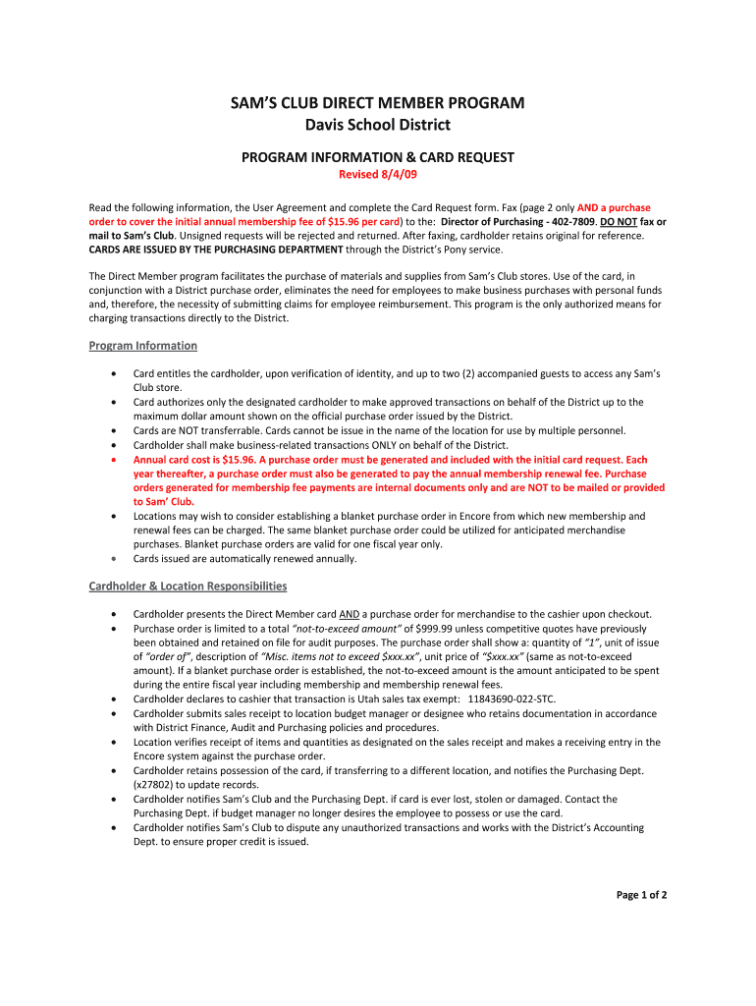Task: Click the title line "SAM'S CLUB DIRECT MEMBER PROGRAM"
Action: click(377, 103)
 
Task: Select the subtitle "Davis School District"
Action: click(377, 125)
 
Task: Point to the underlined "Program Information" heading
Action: click(143, 346)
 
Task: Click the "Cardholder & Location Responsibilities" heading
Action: click(188, 587)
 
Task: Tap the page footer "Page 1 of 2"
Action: click(641, 895)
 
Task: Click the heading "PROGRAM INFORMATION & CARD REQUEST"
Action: click(377, 157)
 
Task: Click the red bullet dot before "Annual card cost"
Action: click(118, 460)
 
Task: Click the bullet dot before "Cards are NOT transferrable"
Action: click(118, 431)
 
